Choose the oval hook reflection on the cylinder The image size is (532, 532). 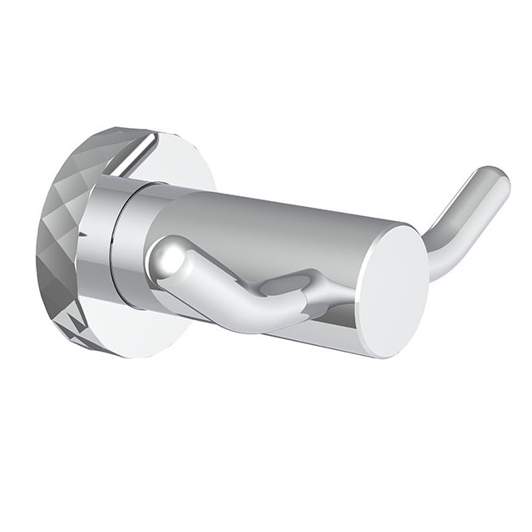(x=287, y=284)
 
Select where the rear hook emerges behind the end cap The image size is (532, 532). (x=428, y=266)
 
